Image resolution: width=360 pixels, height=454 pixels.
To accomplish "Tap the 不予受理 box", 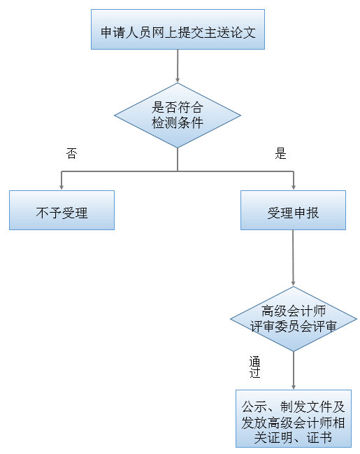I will tap(62, 211).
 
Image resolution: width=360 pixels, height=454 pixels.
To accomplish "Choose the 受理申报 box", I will tap(293, 211).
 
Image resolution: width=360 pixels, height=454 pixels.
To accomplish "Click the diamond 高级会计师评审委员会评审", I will tap(293, 318).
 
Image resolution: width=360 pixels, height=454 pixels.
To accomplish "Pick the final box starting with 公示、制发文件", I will tap(293, 418).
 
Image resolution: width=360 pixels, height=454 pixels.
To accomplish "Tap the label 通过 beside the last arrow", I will tap(255, 368).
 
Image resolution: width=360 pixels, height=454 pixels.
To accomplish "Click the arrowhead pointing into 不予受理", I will tap(62, 187).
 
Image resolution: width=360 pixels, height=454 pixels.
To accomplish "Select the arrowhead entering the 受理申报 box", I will tap(293, 187).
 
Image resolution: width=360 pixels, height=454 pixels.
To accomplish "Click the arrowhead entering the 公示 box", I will tap(293, 385).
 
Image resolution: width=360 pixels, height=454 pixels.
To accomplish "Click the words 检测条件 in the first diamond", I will tap(178, 122).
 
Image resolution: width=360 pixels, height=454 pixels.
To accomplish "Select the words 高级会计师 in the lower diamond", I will tap(293, 311).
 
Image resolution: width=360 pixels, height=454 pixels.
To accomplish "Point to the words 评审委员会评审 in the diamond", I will tap(293, 326).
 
